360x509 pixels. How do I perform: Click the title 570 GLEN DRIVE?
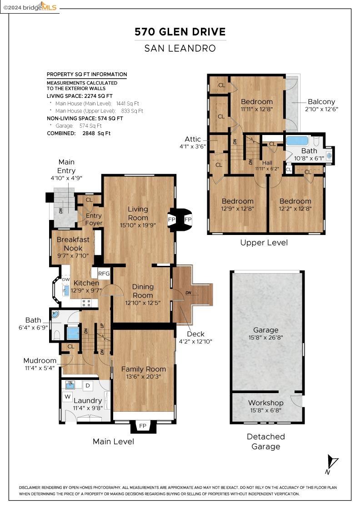[x=180, y=32]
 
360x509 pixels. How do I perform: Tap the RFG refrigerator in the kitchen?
[x=104, y=273]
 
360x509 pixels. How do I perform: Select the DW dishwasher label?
[x=65, y=279]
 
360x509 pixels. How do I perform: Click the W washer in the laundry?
[x=68, y=397]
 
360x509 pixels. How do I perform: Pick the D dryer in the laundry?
[x=89, y=386]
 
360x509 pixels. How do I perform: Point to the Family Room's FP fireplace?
[x=143, y=426]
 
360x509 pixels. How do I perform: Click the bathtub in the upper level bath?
[x=297, y=140]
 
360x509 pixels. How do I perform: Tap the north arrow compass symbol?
[x=332, y=464]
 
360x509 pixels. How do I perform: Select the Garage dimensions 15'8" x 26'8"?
[x=266, y=338]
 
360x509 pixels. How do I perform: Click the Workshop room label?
[x=266, y=403]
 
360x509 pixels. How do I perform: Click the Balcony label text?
[x=321, y=102]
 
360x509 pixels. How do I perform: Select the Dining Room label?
[x=143, y=291]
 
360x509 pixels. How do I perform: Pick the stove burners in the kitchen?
[x=86, y=302]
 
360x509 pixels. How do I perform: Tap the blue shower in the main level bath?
[x=73, y=334]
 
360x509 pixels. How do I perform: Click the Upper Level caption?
[x=264, y=243]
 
